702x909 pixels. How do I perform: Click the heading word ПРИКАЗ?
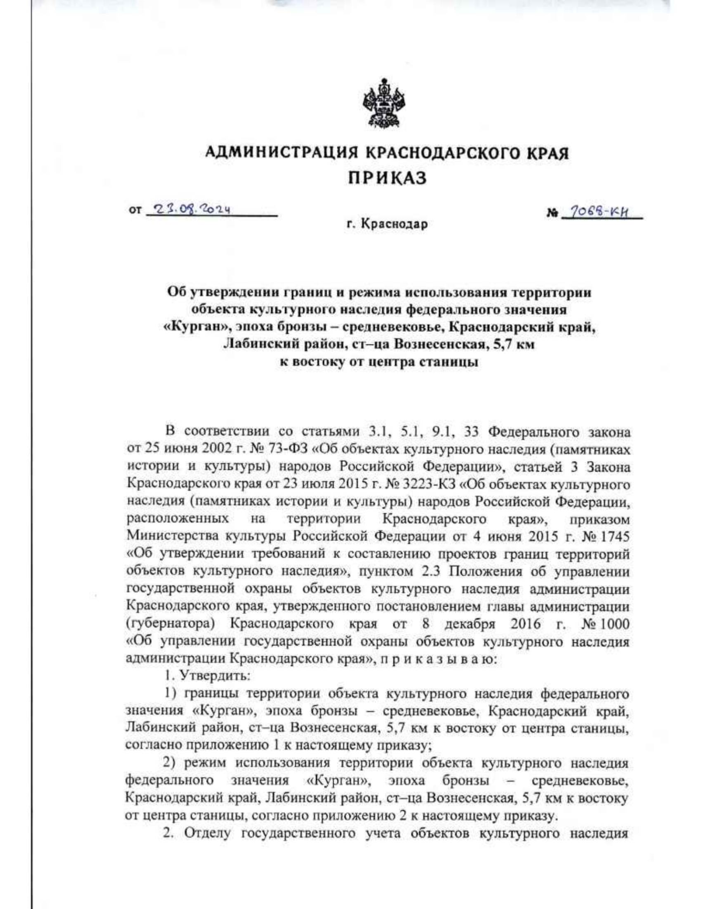tap(387, 177)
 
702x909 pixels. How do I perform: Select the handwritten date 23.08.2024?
tap(189, 209)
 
